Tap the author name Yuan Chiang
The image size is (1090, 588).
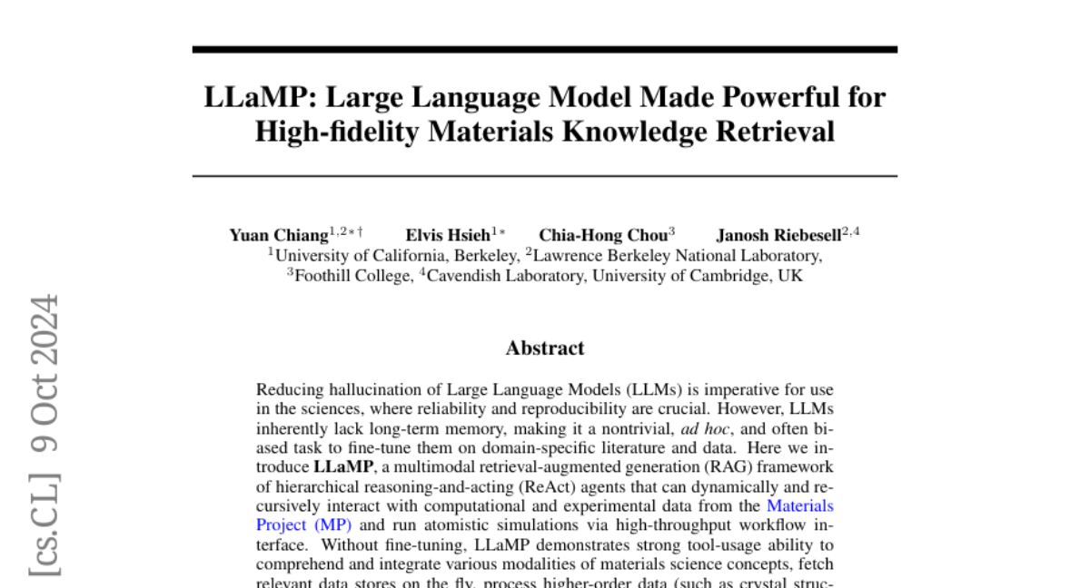click(x=279, y=236)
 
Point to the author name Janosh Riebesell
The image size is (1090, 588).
click(x=778, y=236)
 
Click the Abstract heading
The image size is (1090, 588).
click(x=545, y=348)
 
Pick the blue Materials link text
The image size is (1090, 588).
click(x=800, y=505)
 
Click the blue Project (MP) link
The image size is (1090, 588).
click(x=303, y=524)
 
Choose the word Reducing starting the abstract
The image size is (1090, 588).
click(x=288, y=390)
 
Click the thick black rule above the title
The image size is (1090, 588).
click(x=545, y=49)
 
